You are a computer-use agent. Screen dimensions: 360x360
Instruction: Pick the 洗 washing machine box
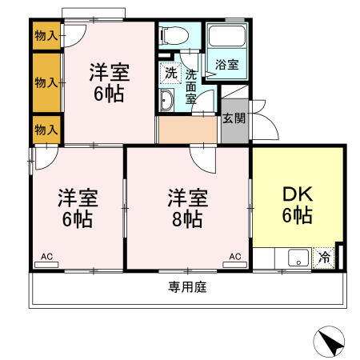click(x=170, y=71)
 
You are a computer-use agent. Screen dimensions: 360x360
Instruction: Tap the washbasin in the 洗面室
click(x=167, y=99)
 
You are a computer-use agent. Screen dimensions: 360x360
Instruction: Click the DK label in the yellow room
click(x=296, y=194)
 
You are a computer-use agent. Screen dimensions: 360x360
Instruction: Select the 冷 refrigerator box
click(x=324, y=258)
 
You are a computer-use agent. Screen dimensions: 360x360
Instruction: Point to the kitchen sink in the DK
click(x=298, y=258)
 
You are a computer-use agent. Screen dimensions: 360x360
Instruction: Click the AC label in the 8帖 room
click(x=235, y=256)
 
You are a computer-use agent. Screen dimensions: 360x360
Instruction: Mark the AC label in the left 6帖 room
click(x=46, y=256)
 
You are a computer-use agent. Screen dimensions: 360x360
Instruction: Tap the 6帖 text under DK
click(x=296, y=214)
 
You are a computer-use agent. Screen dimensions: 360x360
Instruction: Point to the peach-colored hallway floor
click(x=187, y=130)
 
